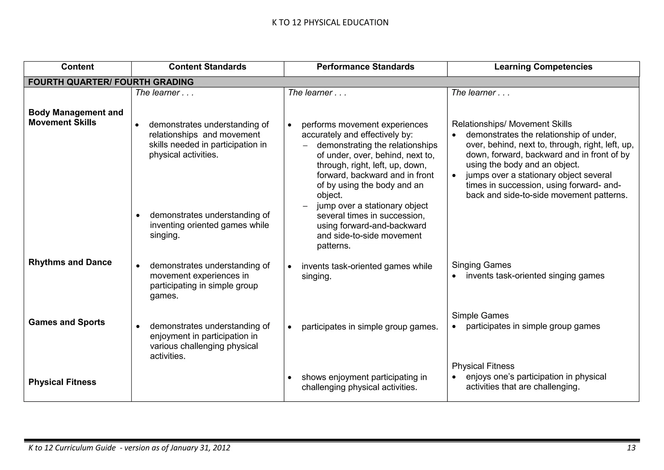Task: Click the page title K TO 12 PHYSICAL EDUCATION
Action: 330,22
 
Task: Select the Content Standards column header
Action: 207,67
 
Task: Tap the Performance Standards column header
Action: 365,67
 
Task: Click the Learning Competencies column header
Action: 543,67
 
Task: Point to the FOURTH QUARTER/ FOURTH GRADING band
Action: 111,82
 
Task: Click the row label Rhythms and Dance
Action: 70,262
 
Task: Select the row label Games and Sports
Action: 67,322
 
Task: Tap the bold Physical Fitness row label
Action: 62,382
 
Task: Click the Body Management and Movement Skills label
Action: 76,117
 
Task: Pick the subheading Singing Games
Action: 481,265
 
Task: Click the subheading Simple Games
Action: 480,315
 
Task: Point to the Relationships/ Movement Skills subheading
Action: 512,124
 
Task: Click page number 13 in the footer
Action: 631,448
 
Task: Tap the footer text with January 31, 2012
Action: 129,448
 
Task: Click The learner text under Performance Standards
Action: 317,93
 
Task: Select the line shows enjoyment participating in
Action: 364,377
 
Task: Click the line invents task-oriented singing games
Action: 535,276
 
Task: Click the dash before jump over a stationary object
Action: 305,206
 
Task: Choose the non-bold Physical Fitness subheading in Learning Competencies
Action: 483,366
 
